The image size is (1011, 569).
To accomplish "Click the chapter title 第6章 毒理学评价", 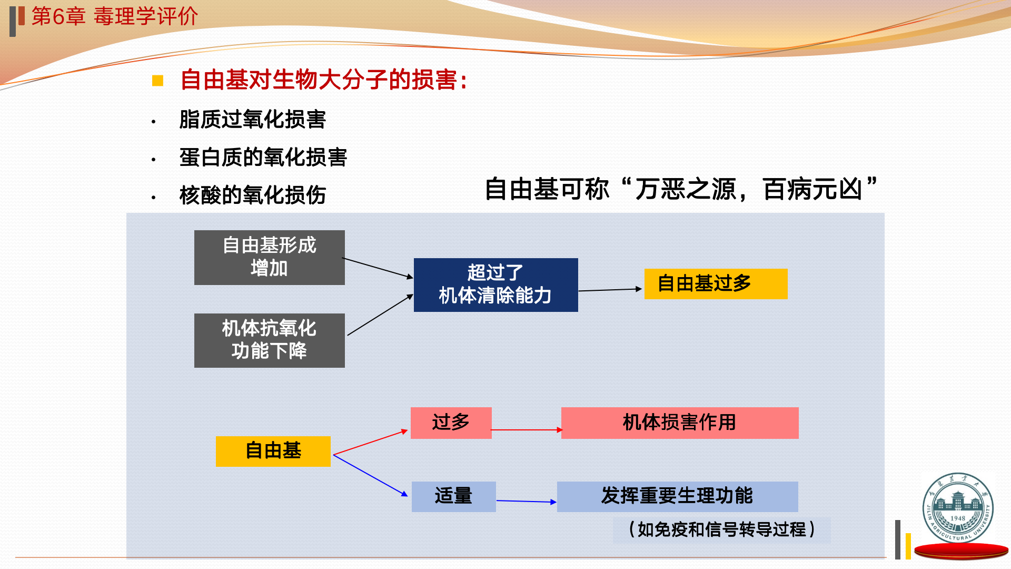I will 114,16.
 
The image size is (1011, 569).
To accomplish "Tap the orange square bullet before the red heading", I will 157,81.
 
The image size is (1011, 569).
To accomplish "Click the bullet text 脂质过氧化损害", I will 253,119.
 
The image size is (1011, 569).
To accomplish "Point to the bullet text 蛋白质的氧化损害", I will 263,157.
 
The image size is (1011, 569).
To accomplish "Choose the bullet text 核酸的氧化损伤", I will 253,195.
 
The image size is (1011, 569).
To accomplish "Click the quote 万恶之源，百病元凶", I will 748,189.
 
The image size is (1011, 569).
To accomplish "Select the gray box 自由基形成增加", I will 269,257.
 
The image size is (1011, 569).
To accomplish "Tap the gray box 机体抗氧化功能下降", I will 269,340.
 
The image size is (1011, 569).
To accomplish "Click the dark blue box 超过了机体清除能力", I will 495,284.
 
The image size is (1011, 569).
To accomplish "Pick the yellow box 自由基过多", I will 715,283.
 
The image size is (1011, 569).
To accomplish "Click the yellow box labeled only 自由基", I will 273,451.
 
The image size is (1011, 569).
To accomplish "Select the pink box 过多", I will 451,423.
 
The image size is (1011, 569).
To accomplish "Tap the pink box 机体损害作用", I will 679,423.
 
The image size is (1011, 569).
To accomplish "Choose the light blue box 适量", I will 453,496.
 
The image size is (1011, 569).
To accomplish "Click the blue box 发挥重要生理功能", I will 677,496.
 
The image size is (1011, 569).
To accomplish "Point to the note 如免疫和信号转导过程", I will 721,529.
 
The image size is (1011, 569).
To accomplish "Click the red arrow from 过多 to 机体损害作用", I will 527,430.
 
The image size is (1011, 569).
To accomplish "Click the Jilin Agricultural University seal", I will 958,507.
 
